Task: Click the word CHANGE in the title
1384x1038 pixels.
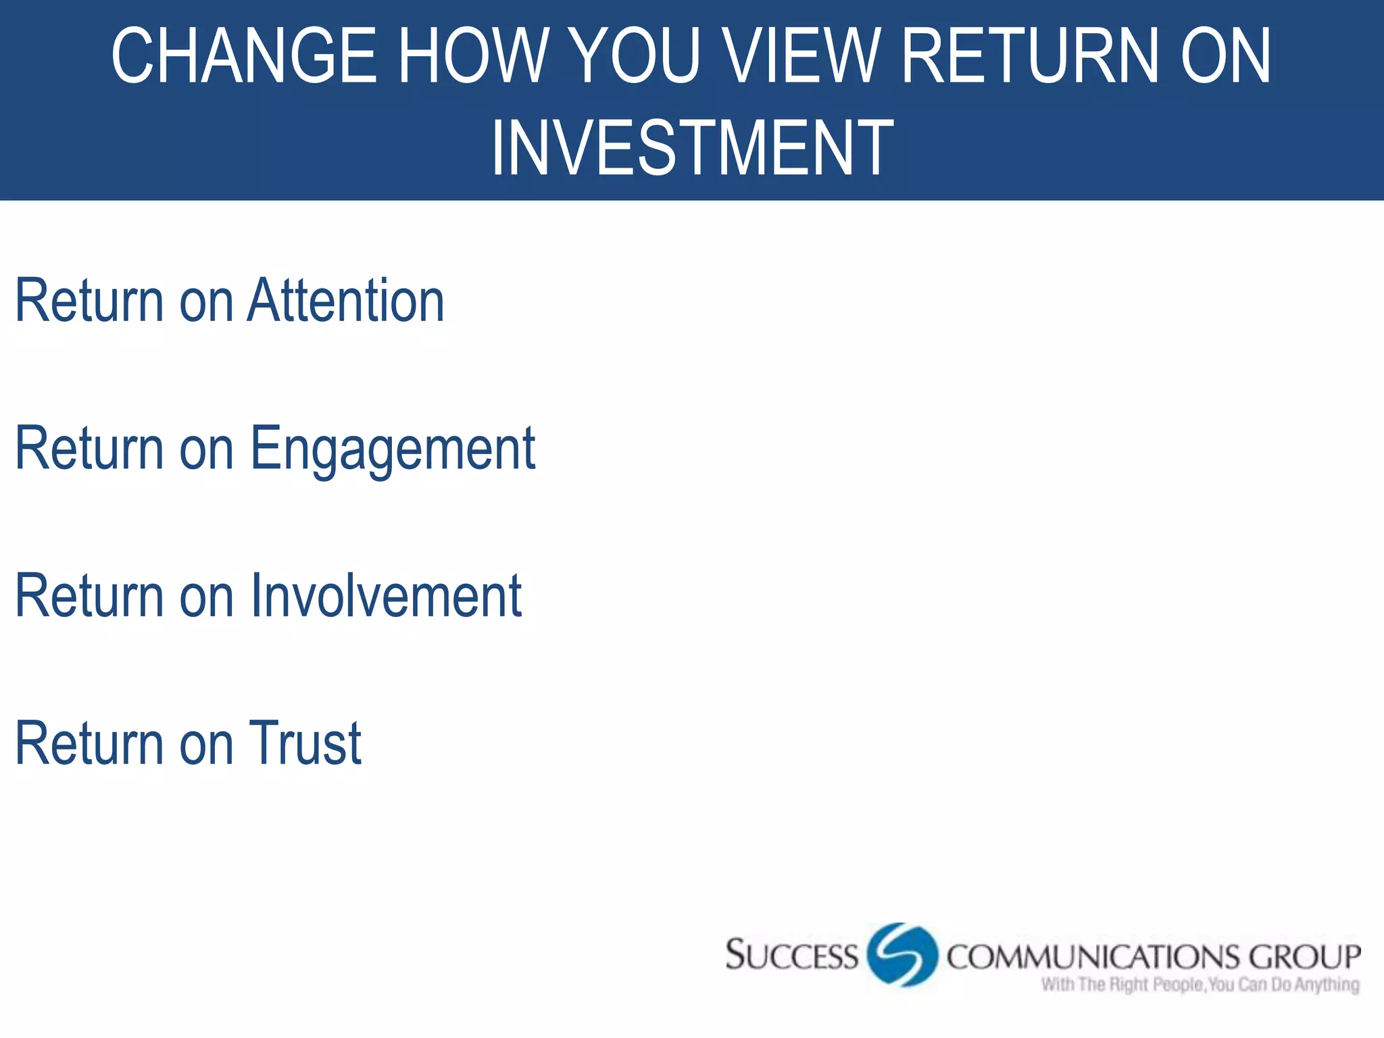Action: (x=243, y=57)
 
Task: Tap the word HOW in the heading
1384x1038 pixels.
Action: (x=470, y=57)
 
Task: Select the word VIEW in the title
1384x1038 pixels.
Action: (x=804, y=57)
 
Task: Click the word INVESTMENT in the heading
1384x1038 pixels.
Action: (x=692, y=149)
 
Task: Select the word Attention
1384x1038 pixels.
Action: (x=346, y=301)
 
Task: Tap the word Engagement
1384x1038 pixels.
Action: (x=393, y=449)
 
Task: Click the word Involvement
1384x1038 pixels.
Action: (x=386, y=596)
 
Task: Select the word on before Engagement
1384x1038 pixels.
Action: (x=206, y=450)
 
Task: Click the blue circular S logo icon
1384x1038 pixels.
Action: (x=901, y=955)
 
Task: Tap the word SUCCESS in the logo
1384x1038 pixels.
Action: (x=791, y=956)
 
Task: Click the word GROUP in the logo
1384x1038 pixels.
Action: (x=1304, y=957)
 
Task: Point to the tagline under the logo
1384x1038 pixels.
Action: (x=1200, y=985)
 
